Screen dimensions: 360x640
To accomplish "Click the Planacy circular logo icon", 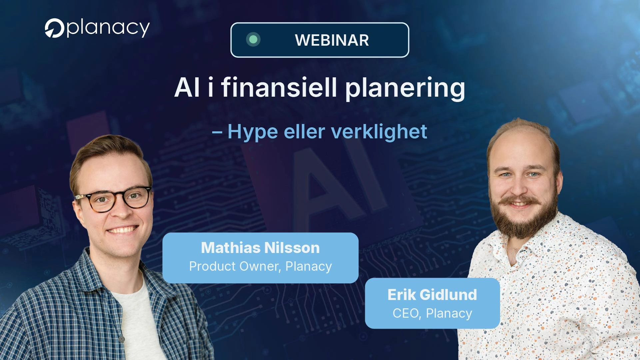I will pos(54,28).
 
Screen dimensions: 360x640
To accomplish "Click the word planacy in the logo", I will pos(108,28).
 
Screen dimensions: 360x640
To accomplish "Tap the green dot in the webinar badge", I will pos(253,39).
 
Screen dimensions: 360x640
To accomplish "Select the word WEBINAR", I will pos(332,40).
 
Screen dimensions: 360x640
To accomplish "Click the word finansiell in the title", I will pos(279,87).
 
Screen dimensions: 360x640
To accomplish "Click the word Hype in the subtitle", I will pos(253,132).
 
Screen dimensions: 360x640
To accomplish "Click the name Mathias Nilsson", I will pos(260,248).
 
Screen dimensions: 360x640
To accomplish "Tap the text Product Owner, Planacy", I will pos(260,266).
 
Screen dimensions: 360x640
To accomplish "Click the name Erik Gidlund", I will pos(432,295).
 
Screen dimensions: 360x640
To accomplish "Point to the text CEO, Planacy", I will pos(432,313).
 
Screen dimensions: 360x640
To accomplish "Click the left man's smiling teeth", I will pos(122,230).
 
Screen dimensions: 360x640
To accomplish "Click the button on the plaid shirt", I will pos(122,339).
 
